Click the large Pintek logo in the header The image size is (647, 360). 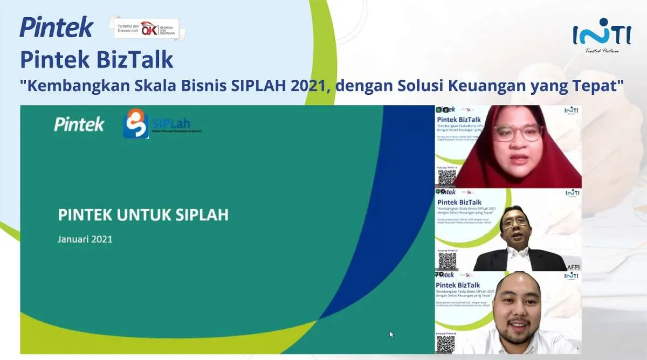pyautogui.click(x=56, y=27)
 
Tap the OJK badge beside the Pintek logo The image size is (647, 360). pyautogui.click(x=147, y=28)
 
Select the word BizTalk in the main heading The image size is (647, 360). pyautogui.click(x=135, y=59)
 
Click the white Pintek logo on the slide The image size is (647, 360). pyautogui.click(x=79, y=124)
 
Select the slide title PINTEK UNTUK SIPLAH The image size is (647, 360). pyautogui.click(x=143, y=215)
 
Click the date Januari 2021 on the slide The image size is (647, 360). pyautogui.click(x=85, y=239)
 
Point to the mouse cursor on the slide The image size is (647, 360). pyautogui.click(x=391, y=335)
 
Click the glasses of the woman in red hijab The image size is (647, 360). pyautogui.click(x=518, y=133)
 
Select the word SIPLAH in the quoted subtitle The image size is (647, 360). pyautogui.click(x=260, y=86)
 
